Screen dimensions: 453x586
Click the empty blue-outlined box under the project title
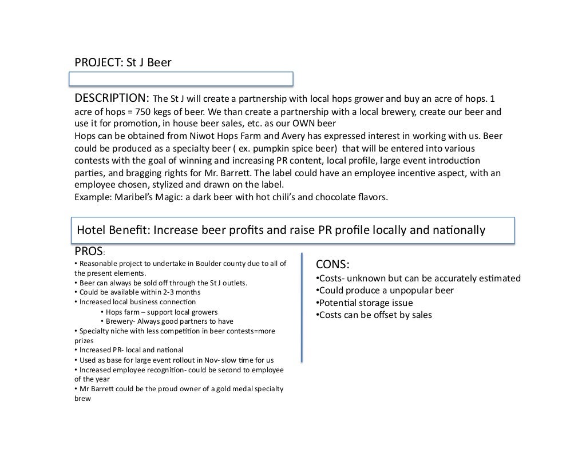pos(181,78)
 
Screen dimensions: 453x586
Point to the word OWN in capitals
pos(306,124)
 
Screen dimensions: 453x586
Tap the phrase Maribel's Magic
pos(142,197)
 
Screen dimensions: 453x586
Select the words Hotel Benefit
pos(111,230)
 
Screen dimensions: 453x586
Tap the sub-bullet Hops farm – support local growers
pos(159,312)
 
